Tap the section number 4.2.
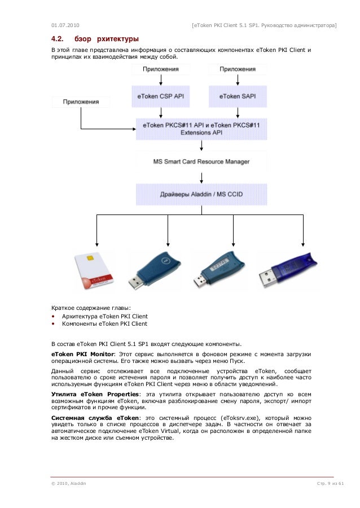[x=56, y=40]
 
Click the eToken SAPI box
[x=236, y=97]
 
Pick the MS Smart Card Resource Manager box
[x=201, y=161]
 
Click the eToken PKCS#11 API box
[x=201, y=129]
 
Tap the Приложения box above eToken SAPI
[x=237, y=69]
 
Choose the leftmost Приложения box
[x=81, y=102]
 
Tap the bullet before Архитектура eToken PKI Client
[x=54, y=317]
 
